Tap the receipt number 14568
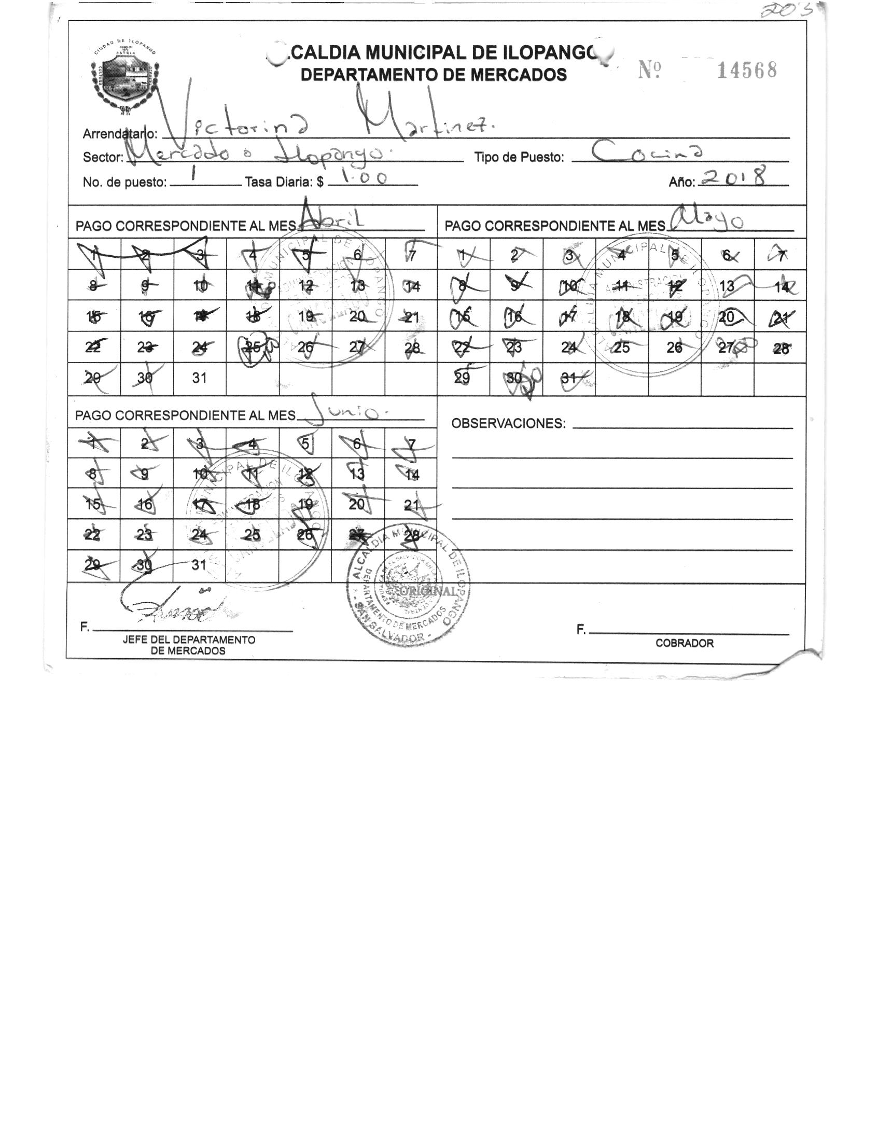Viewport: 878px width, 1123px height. [x=746, y=70]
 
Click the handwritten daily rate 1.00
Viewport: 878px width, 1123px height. [x=360, y=178]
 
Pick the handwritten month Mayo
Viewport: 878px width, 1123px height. [x=708, y=221]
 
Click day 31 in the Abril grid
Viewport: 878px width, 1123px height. [x=200, y=378]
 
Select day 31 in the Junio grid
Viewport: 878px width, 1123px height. [x=200, y=565]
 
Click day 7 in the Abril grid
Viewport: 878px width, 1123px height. [x=412, y=255]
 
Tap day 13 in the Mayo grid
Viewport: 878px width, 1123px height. [x=727, y=286]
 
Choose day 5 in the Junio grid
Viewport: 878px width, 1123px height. [x=305, y=444]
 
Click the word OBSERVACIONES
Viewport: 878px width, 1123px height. [x=508, y=423]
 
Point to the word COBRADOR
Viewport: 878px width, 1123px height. [x=684, y=643]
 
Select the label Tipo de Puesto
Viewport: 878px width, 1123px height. [x=519, y=158]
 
